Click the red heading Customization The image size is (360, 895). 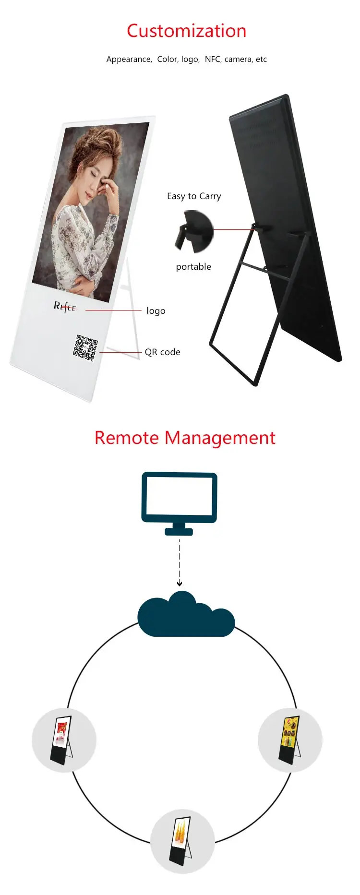186,31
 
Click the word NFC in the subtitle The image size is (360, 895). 212,59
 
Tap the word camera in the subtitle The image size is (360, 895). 238,59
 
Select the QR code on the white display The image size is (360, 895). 85,347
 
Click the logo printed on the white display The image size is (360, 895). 65,307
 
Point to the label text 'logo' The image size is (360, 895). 156,311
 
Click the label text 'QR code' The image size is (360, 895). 162,352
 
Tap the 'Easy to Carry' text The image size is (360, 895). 194,196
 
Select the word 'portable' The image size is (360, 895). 193,267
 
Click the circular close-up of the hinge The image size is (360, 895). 194,232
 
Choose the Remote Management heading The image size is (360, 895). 185,438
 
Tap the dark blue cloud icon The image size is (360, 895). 186,616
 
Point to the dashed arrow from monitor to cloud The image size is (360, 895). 179,561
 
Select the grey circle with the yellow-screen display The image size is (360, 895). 290,740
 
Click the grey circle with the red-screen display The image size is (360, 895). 64,740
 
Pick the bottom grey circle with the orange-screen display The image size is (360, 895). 182,841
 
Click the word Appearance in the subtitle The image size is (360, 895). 129,59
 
